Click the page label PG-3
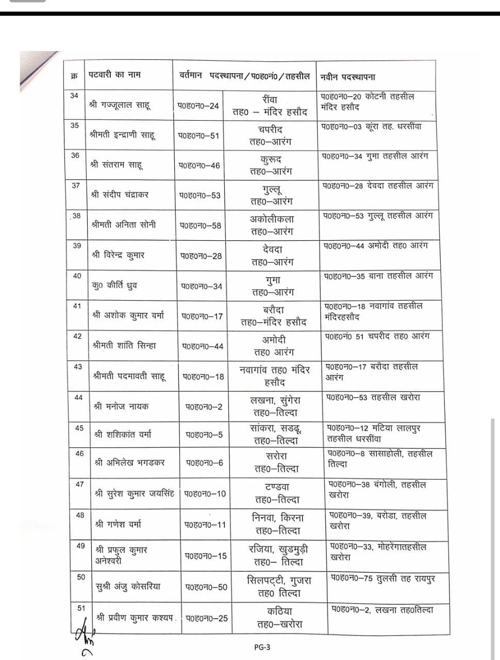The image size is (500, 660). (x=262, y=647)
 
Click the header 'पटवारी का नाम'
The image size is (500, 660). (x=114, y=75)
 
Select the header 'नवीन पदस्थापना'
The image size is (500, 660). (x=347, y=77)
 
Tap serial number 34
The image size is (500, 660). (x=75, y=95)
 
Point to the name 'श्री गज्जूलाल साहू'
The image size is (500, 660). (x=120, y=105)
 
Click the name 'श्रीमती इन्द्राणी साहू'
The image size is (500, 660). (x=122, y=135)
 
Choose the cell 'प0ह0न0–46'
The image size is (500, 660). (x=199, y=166)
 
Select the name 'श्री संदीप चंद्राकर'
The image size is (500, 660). (x=120, y=195)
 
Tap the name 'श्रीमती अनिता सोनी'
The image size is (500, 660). (x=123, y=225)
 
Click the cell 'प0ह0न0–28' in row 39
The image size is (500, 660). (x=201, y=256)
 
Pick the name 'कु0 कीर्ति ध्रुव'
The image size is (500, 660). (x=115, y=285)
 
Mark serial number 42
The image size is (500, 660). (x=77, y=336)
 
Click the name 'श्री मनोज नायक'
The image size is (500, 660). (x=121, y=406)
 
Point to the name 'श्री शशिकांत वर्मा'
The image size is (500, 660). (x=123, y=435)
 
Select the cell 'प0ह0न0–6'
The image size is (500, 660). (x=205, y=463)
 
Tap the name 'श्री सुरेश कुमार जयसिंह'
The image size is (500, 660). (x=135, y=493)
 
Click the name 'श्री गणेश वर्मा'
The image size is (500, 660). (x=118, y=524)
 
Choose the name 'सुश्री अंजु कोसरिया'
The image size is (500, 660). (x=128, y=586)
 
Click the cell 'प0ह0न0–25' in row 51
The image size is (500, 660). (x=207, y=618)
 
